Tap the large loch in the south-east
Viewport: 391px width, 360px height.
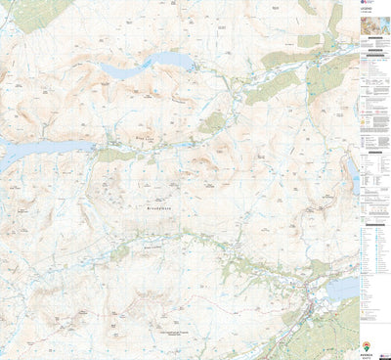[x=342, y=289]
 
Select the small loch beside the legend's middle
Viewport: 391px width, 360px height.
[x=351, y=172]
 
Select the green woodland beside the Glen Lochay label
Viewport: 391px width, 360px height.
[x=117, y=251]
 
